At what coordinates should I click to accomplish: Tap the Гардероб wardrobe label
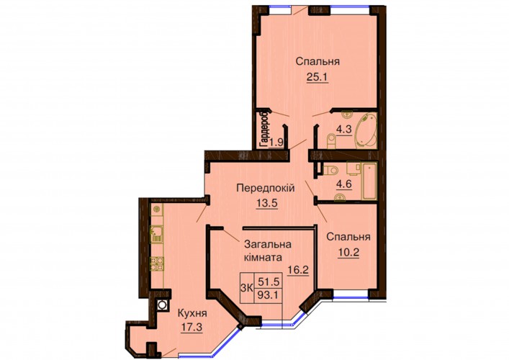click(x=265, y=127)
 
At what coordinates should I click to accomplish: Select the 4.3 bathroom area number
click(x=343, y=130)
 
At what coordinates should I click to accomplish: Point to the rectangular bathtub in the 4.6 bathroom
click(x=369, y=181)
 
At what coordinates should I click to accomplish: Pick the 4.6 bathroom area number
click(x=343, y=184)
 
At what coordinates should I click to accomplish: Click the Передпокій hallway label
click(x=266, y=188)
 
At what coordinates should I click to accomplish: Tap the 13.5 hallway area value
click(x=267, y=203)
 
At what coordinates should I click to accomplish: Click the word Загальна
click(x=268, y=244)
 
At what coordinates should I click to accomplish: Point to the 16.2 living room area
click(x=297, y=269)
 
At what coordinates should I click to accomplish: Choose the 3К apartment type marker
click(x=247, y=287)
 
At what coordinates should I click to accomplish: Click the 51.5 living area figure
click(x=269, y=281)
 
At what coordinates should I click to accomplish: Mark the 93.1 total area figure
click(x=269, y=295)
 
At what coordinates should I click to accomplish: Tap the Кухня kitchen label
click(x=192, y=313)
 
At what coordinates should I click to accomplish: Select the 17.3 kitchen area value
click(x=192, y=327)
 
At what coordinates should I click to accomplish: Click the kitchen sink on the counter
click(x=156, y=233)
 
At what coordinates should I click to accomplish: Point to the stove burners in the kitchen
click(x=156, y=264)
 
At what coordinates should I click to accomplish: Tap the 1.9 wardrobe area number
click(x=276, y=143)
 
